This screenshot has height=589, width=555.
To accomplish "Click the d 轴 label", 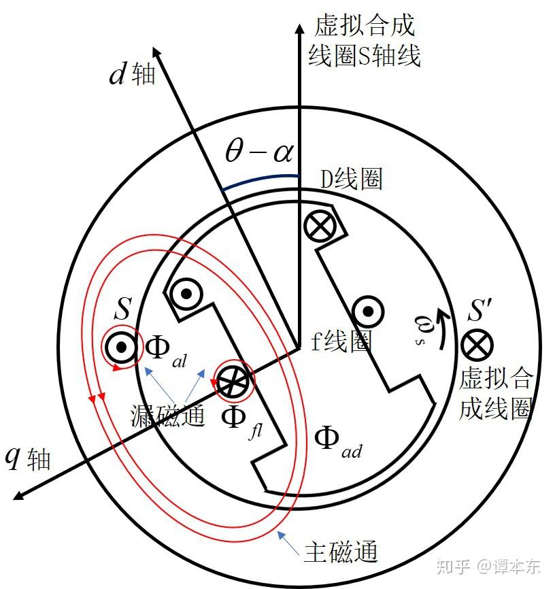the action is [x=133, y=74].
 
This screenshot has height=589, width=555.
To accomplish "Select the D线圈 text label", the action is [x=351, y=180].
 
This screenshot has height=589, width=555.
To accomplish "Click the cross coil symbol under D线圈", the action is [x=318, y=226].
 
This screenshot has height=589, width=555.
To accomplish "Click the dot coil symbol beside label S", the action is [x=122, y=348].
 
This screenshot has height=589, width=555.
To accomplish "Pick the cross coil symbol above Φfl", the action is [x=232, y=382].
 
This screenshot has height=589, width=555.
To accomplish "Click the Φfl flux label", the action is [x=241, y=417].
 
